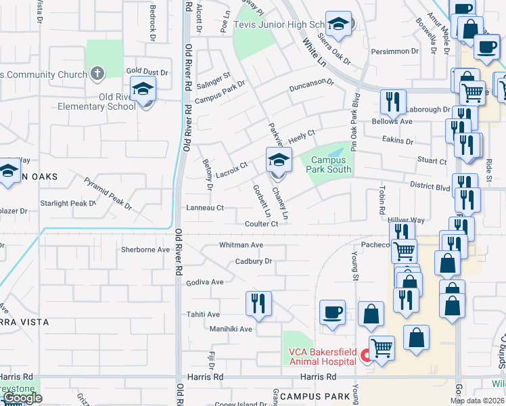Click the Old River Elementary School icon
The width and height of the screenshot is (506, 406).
(x=143, y=89)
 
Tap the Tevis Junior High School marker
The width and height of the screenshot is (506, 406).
(x=338, y=25)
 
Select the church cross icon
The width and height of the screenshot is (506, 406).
(x=97, y=74)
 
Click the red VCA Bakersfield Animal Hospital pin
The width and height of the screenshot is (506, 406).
(x=365, y=355)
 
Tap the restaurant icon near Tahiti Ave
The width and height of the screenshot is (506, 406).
(x=258, y=304)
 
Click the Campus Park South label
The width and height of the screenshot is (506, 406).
(x=331, y=165)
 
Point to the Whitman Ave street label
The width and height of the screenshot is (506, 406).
(x=241, y=244)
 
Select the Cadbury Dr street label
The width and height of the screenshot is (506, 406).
(x=254, y=261)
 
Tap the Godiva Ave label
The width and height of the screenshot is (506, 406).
(x=205, y=282)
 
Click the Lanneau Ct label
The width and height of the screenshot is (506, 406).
(x=204, y=208)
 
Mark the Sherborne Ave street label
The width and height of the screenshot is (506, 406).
(x=145, y=250)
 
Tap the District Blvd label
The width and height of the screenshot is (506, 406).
(x=430, y=187)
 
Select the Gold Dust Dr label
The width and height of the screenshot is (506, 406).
(x=146, y=70)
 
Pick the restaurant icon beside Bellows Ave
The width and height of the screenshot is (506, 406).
(x=393, y=103)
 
